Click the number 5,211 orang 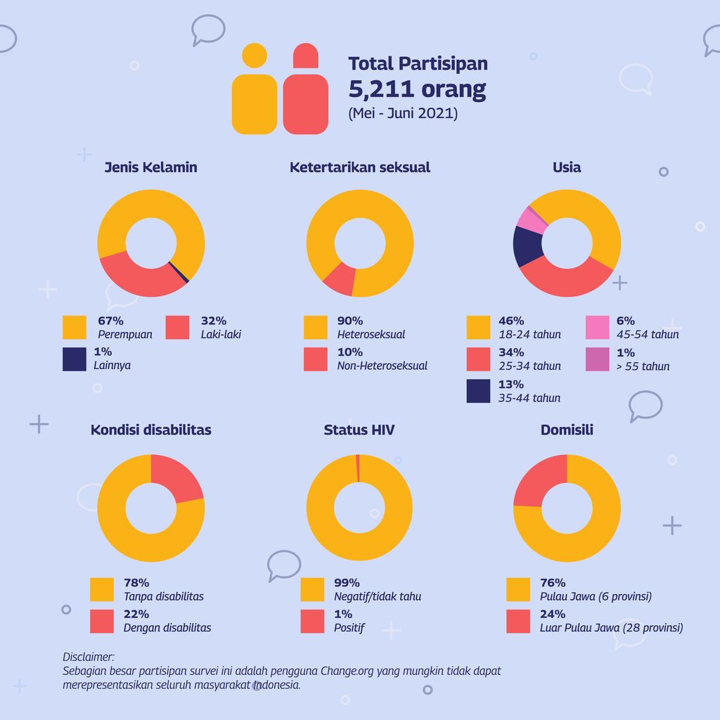pyautogui.click(x=417, y=89)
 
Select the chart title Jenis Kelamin pyautogui.click(x=150, y=167)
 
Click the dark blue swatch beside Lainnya pyautogui.click(x=75, y=359)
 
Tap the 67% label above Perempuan pyautogui.click(x=110, y=321)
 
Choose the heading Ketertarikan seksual pyautogui.click(x=359, y=167)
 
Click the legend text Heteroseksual pyautogui.click(x=371, y=335)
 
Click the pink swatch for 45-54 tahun pyautogui.click(x=597, y=328)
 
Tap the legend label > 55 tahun pyautogui.click(x=643, y=366)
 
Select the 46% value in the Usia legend pyautogui.click(x=511, y=321)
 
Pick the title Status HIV pyautogui.click(x=359, y=430)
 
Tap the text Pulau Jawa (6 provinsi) pyautogui.click(x=596, y=597)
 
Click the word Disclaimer pyautogui.click(x=89, y=657)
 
